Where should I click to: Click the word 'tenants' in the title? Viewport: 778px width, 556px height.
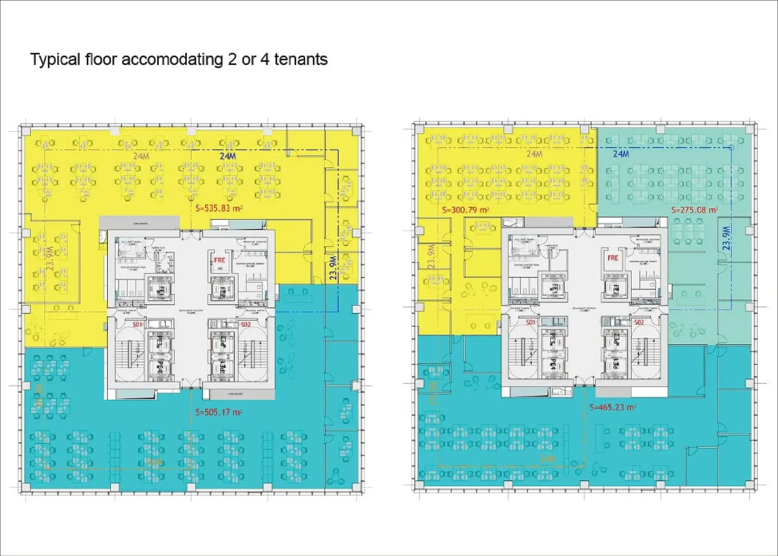click(301, 60)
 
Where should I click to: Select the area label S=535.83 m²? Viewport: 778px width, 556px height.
click(219, 209)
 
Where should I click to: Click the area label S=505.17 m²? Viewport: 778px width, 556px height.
click(219, 412)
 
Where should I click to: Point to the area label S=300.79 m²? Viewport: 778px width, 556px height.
click(465, 210)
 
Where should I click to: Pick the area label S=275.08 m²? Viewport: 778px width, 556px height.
click(694, 210)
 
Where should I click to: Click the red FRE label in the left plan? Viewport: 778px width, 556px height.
click(219, 260)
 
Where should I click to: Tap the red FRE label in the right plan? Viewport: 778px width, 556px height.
click(613, 258)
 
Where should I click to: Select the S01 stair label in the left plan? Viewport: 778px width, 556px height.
click(137, 324)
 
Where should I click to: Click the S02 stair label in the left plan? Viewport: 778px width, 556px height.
click(246, 324)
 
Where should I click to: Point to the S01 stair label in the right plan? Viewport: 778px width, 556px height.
click(530, 322)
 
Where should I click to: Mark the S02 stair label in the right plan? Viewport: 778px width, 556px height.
click(639, 322)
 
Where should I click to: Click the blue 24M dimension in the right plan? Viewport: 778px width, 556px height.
click(621, 154)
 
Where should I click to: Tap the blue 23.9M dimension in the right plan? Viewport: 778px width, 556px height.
click(726, 238)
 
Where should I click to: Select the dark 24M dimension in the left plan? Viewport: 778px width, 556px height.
click(228, 156)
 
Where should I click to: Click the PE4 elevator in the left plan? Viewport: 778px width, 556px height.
click(160, 369)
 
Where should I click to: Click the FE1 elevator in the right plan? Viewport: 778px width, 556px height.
click(554, 288)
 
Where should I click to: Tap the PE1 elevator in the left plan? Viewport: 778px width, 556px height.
click(222, 367)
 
